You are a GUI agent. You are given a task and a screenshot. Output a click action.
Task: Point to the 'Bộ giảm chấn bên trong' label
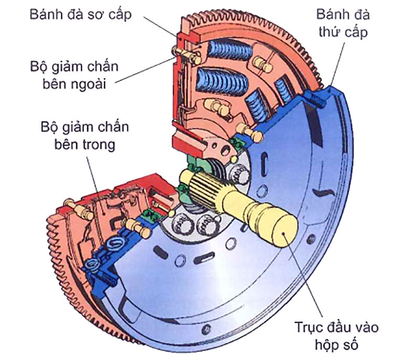[84, 135]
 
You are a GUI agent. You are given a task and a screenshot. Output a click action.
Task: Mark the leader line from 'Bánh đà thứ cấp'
[336, 63]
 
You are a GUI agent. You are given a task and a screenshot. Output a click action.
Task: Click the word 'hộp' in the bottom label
[325, 346]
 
